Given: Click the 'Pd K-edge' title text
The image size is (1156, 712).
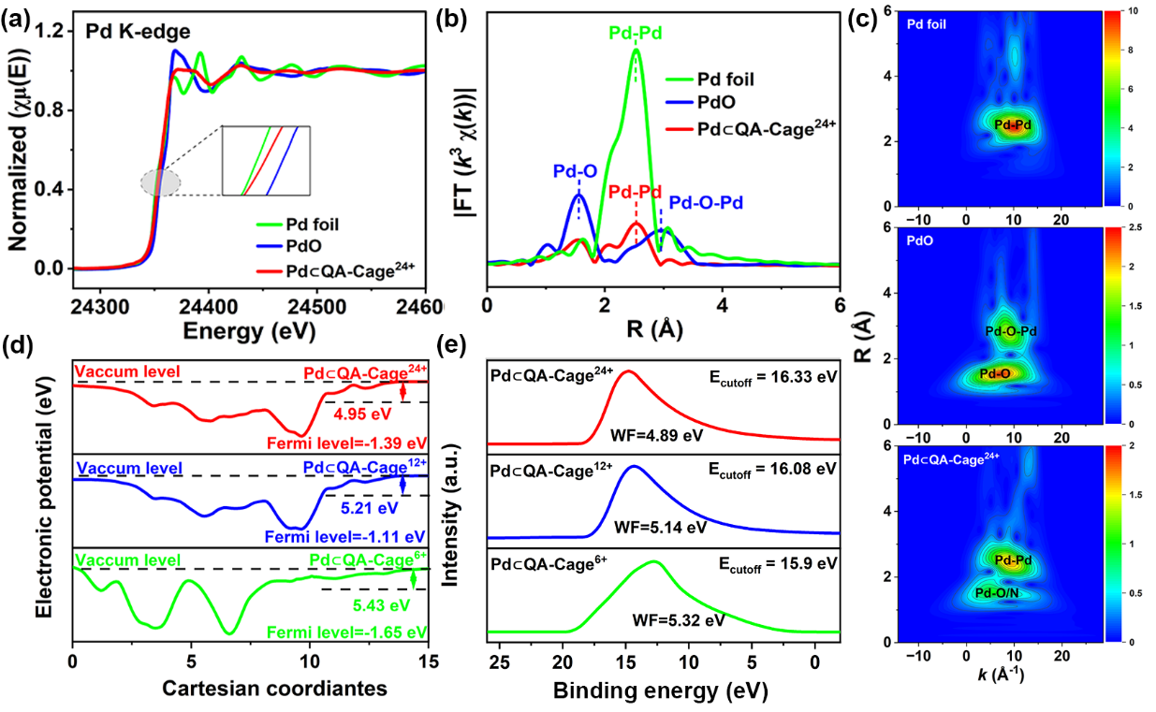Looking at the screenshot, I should click(138, 31).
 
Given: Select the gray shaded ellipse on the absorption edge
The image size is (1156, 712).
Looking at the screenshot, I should click(160, 182).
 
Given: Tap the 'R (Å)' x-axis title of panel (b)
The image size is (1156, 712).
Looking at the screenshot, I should click(662, 331).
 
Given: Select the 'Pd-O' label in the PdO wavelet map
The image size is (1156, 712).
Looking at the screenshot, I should click(994, 373).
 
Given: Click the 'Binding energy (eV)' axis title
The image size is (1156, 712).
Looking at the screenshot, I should click(661, 690).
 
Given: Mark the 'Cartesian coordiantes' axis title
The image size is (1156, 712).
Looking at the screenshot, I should click(249, 690).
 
